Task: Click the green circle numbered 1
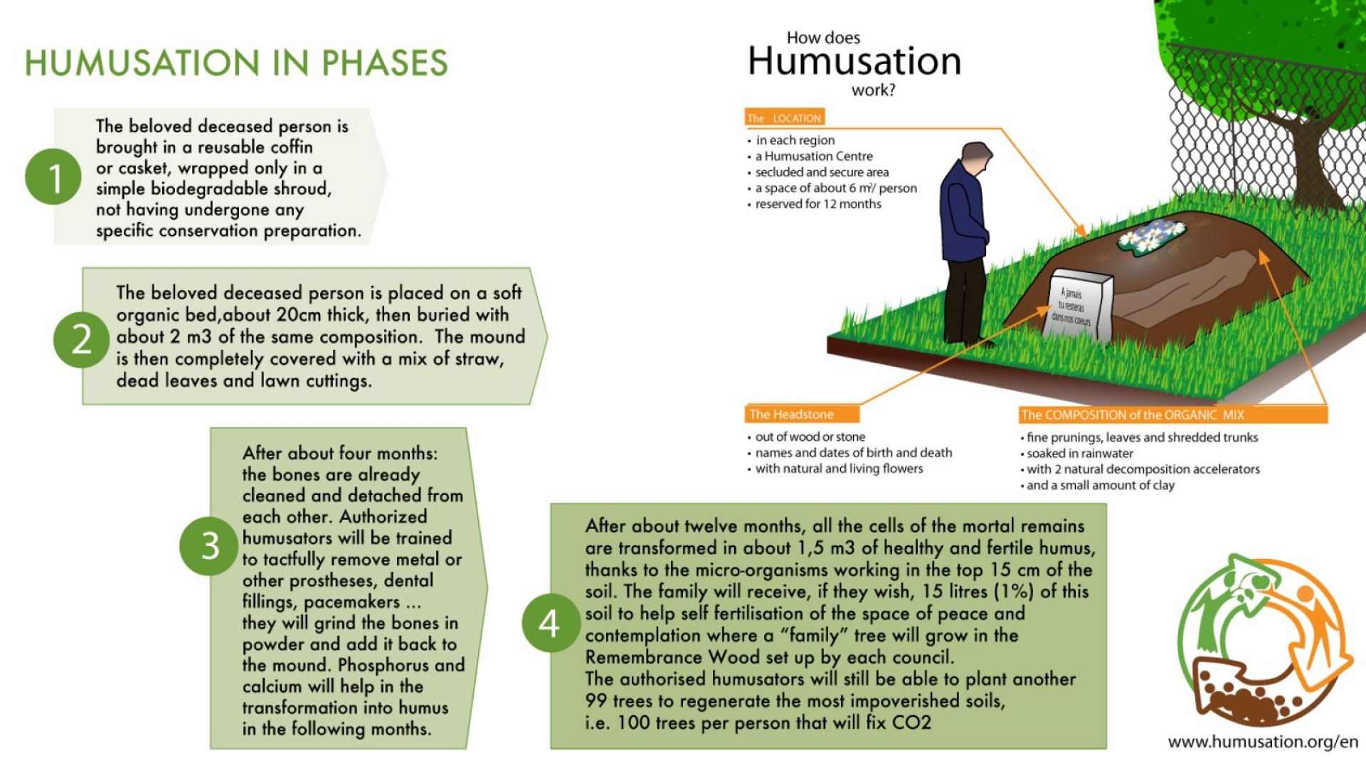53,176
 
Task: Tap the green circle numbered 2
82,339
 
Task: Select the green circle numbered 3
209,546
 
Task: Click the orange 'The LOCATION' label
785,118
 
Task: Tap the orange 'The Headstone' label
803,414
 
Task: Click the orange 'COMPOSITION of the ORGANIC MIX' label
1172,415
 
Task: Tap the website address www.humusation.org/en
1263,742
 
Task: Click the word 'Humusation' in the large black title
854,60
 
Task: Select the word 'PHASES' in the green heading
385,63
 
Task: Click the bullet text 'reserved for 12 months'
818,204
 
